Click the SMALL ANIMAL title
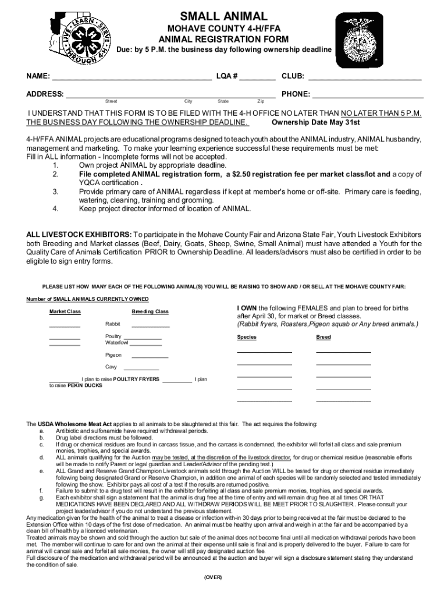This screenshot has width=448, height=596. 224,17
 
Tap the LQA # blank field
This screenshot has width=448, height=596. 257,76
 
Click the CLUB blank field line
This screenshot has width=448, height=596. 365,76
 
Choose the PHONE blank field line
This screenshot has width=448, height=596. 368,94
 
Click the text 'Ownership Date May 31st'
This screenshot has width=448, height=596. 316,123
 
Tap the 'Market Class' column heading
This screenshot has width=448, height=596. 65,311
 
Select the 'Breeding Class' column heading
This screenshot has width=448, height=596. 150,311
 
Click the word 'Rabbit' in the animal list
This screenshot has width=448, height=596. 113,324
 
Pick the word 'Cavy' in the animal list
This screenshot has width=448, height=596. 111,367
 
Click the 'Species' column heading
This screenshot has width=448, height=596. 247,337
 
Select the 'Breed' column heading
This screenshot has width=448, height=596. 323,337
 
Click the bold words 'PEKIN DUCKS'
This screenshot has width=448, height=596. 84,385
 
